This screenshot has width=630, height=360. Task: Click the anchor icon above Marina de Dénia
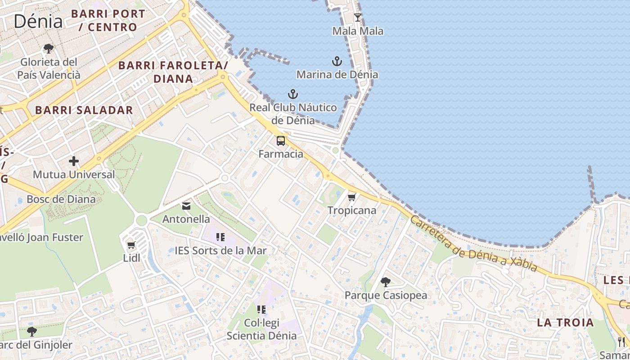pos(337,61)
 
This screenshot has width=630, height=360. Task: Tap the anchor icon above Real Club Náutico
pos(293,94)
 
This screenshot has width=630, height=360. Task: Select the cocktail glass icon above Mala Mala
pos(358,18)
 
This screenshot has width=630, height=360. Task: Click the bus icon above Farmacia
pos(281,141)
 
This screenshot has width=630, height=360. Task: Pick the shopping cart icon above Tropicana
pos(352,197)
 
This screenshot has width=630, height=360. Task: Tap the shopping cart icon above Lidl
pos(131,245)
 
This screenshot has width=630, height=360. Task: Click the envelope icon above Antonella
pos(186,206)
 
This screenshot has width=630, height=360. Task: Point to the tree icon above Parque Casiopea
pos(386,282)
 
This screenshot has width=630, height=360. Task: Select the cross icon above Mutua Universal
pos(74,161)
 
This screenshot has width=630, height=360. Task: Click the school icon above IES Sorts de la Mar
pos(220,237)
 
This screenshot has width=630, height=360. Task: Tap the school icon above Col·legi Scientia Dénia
pos(261,310)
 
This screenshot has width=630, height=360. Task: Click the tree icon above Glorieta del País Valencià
pos(49,48)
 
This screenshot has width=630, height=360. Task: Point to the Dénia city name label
pos(38,21)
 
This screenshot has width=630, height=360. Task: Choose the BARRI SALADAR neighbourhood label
pos(84,110)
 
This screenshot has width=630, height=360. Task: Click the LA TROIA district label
pos(565,322)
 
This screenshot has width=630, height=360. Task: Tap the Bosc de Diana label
pos(61,199)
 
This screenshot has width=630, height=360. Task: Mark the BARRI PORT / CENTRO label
pos(108,20)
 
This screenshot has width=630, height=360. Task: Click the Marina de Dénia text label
pos(337,74)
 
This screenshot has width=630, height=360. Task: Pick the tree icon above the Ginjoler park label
pos(31,332)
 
